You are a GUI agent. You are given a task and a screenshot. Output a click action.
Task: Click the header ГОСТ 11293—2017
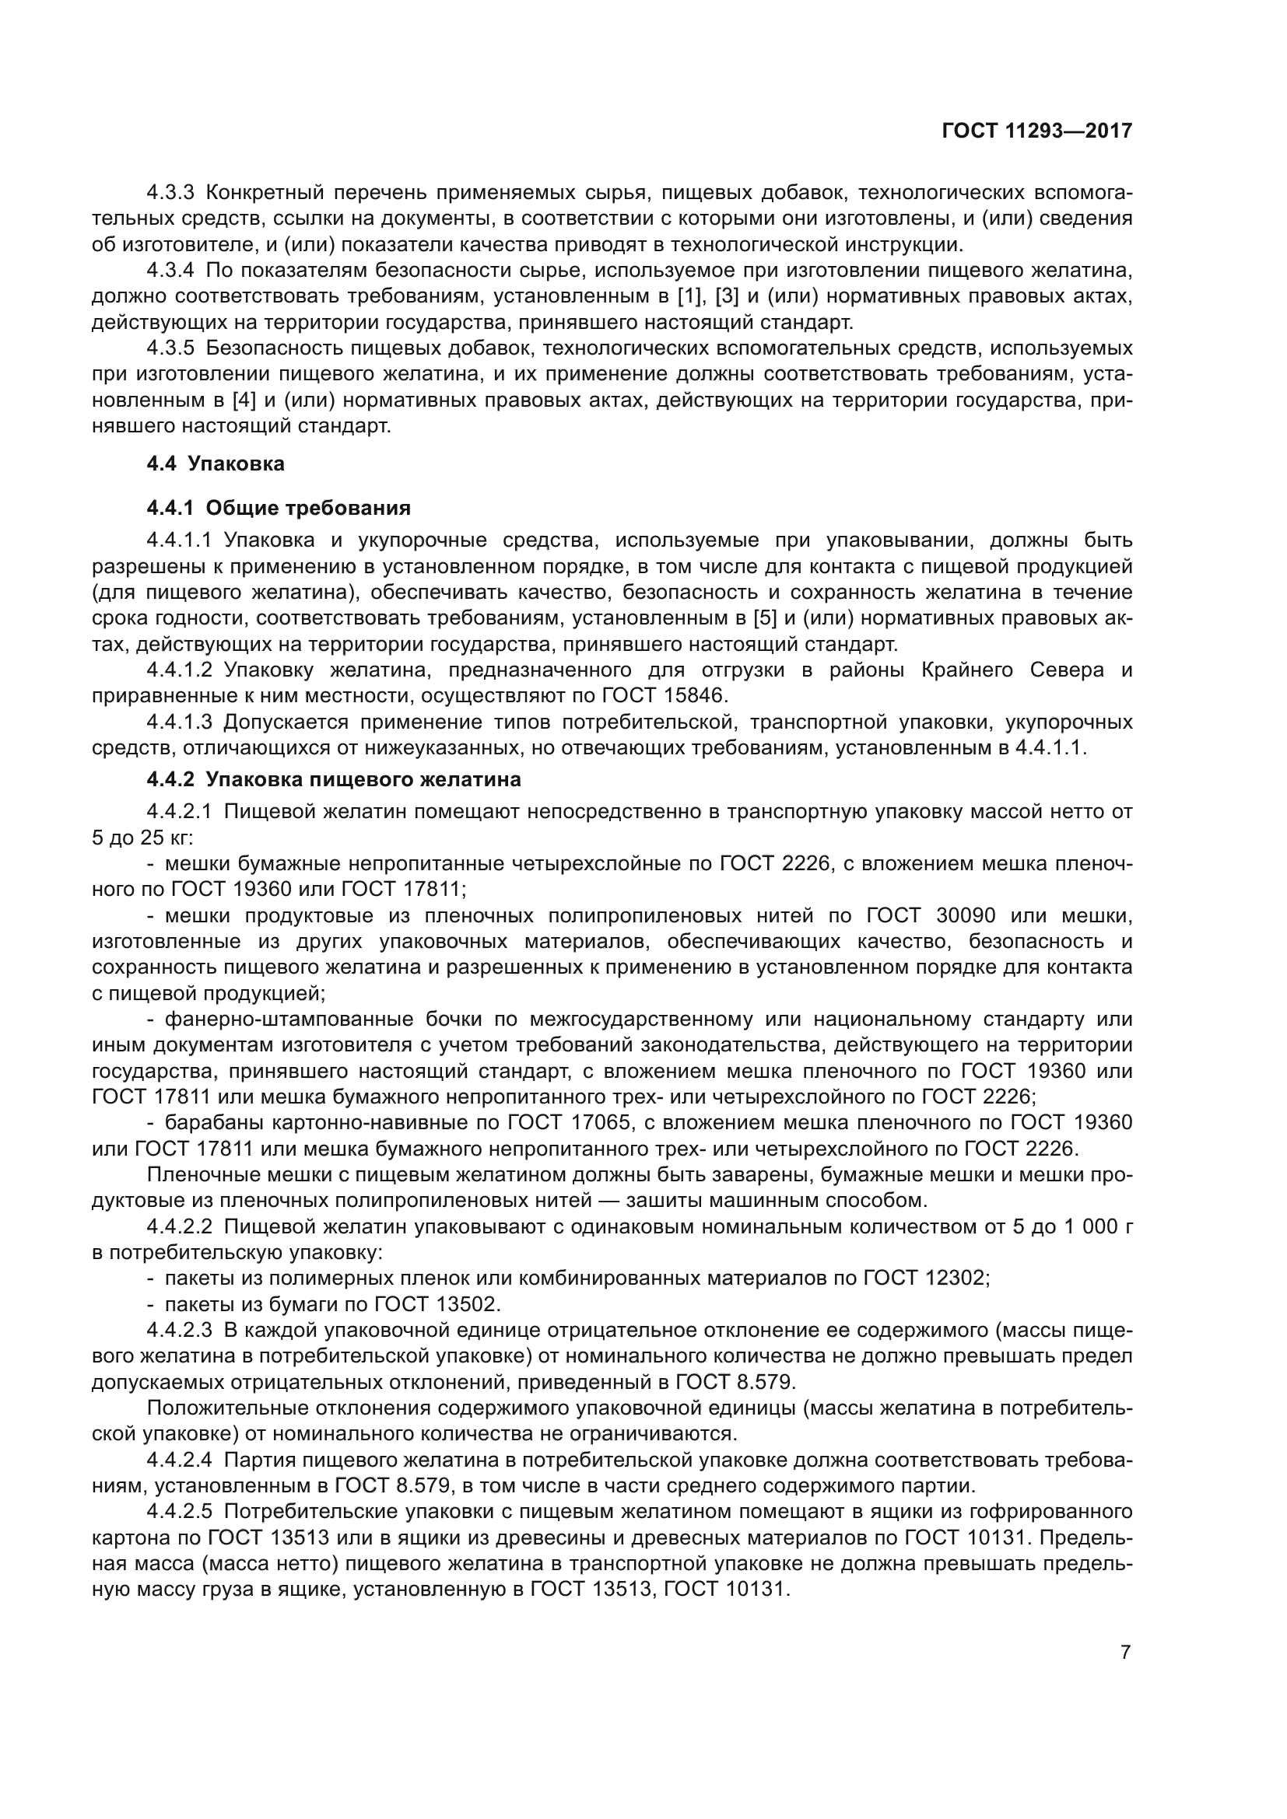pos(1036,131)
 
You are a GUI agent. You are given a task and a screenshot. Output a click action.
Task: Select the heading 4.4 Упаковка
pos(216,463)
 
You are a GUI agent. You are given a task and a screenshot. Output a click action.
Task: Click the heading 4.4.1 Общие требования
pos(279,507)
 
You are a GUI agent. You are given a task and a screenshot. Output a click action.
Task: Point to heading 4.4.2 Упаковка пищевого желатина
pos(334,778)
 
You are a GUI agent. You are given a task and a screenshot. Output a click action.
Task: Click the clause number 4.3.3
pos(170,193)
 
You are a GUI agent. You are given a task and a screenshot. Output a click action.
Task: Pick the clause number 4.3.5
pos(170,348)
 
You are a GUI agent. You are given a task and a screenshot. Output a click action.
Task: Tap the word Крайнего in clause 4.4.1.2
pos(968,670)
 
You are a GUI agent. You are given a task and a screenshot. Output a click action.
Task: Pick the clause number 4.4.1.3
pos(179,722)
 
